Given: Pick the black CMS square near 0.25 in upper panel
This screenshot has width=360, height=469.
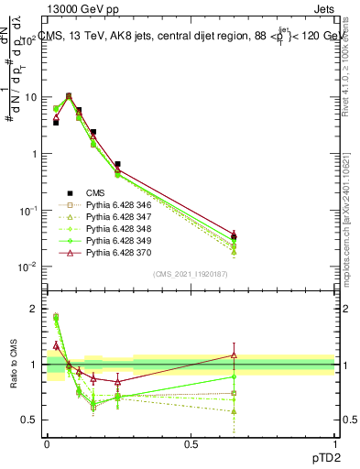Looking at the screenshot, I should pyautogui.click(x=117, y=165).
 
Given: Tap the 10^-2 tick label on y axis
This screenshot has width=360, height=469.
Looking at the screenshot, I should pyautogui.click(x=27, y=267).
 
